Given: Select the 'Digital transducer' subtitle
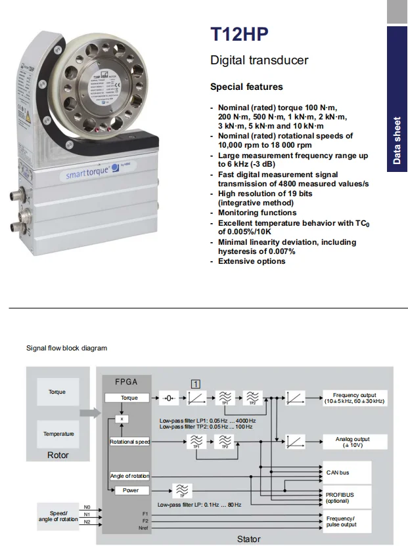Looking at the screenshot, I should pos(259,60).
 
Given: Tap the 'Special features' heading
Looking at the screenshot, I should pos(246,87).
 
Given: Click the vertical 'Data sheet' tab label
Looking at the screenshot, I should pos(397,140).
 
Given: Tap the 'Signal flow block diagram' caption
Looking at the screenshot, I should pos(66,348).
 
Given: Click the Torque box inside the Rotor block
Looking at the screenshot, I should pos(57,392).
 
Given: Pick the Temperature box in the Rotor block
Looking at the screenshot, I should pos(58,434).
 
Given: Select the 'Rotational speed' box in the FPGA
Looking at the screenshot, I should pos(129,442).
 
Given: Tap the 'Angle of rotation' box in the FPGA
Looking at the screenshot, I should pos(129,475).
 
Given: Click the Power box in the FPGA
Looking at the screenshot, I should pos(130,490).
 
